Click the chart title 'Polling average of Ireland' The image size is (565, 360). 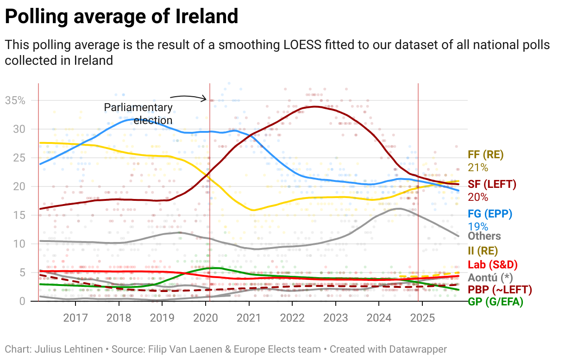(x=121, y=17)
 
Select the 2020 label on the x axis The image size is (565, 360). (x=205, y=318)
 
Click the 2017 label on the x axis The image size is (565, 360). (x=75, y=318)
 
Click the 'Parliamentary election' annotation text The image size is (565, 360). (x=138, y=114)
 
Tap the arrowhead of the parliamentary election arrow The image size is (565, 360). (x=206, y=98)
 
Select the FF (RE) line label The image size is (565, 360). (x=485, y=155)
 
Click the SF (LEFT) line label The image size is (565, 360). (x=492, y=184)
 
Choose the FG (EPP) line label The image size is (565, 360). (x=490, y=214)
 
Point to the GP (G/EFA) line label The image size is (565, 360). (x=495, y=302)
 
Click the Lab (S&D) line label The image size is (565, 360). (x=492, y=265)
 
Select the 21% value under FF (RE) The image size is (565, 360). (x=478, y=168)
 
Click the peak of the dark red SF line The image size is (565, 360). (x=315, y=106)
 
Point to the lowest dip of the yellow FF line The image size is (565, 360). (x=253, y=210)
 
